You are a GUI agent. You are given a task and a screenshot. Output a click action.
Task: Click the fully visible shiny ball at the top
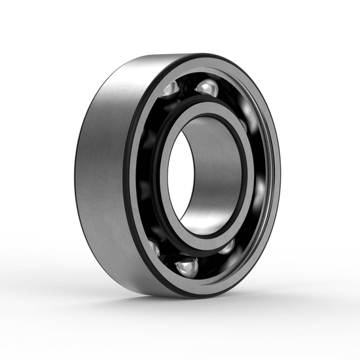tap(207, 88)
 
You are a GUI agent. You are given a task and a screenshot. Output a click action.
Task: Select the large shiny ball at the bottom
tap(187, 266)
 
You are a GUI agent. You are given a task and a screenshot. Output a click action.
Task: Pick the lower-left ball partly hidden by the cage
tap(154, 247)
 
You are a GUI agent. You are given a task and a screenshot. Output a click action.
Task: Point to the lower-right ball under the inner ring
tap(227, 246)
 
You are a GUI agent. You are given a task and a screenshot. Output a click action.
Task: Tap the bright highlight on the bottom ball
tap(185, 263)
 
